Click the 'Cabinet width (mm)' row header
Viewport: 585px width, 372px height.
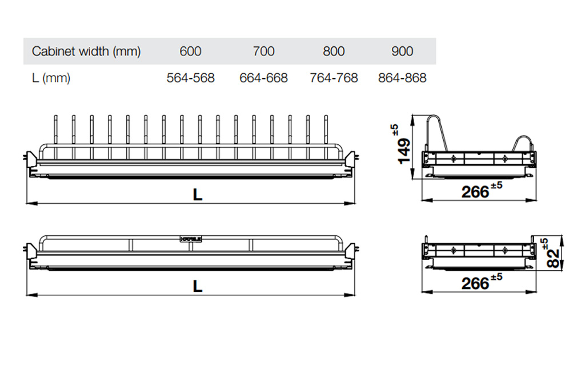pos(86,51)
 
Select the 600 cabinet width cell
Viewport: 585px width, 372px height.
pos(190,51)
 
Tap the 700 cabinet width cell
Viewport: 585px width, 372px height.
pos(263,51)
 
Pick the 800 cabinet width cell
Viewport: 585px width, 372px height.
pos(334,51)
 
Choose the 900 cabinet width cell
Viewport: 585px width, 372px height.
pos(402,51)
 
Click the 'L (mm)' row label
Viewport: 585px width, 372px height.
pos(51,78)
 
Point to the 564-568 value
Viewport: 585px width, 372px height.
pos(191,78)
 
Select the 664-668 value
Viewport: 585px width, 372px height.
pos(264,78)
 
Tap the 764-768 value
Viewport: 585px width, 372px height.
pos(334,78)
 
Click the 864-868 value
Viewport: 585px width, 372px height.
pos(402,78)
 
